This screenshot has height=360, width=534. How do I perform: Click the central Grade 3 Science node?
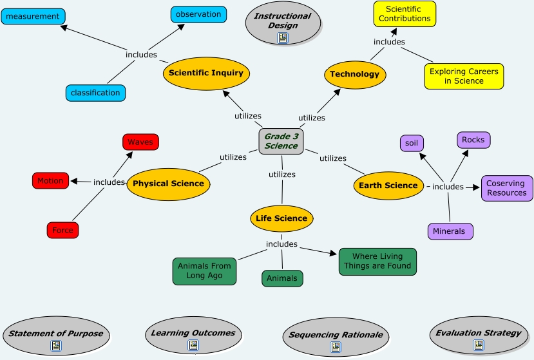[x=281, y=141]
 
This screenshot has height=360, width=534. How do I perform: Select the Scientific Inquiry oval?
[x=206, y=73]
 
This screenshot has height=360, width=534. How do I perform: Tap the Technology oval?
[x=355, y=74]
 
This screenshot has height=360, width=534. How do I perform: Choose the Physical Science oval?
[x=168, y=184]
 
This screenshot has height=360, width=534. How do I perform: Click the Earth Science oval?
[x=388, y=185]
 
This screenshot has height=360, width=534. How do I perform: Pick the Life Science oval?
[x=281, y=218]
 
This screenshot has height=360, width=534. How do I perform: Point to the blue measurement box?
[x=33, y=16]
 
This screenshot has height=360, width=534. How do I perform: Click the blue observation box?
[x=198, y=14]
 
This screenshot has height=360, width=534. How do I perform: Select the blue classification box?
[x=95, y=93]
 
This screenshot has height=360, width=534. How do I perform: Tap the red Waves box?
[x=140, y=142]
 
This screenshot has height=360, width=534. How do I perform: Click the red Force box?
[x=62, y=231]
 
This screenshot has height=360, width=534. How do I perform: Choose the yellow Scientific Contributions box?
[x=405, y=14]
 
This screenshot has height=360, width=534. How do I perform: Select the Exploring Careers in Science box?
[x=464, y=76]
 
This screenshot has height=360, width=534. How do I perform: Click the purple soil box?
[x=412, y=143]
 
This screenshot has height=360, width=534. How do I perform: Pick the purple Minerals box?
[x=450, y=231]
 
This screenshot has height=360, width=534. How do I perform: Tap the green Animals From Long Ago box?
[x=204, y=271]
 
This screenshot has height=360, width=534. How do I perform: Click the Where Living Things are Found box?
[x=377, y=261]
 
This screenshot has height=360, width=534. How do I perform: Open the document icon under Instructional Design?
[x=283, y=38]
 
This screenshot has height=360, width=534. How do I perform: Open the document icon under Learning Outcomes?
[x=193, y=345]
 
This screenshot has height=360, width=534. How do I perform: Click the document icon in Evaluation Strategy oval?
[x=478, y=345]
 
